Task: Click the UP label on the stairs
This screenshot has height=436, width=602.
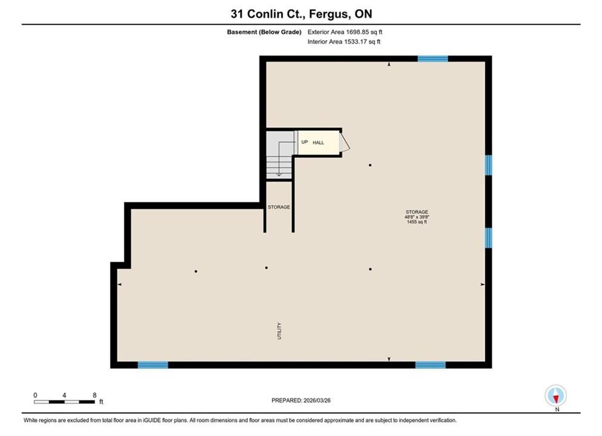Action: (305, 142)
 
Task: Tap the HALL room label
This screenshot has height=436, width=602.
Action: (319, 143)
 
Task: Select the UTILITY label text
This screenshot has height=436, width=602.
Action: (279, 331)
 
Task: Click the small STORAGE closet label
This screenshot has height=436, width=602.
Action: (279, 207)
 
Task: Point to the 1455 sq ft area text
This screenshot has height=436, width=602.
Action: (417, 222)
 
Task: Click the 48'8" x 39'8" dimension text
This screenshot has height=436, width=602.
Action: (417, 217)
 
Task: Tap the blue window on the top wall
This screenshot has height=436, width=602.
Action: (432, 59)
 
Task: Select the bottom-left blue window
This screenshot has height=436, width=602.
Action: (153, 365)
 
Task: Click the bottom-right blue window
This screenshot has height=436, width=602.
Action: (431, 365)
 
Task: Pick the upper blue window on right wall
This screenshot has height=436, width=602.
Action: (488, 165)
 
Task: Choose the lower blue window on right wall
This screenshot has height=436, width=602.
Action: (488, 238)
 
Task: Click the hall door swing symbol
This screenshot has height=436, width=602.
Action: (345, 142)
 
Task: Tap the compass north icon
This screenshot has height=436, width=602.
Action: (556, 395)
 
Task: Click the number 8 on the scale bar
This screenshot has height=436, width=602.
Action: (94, 395)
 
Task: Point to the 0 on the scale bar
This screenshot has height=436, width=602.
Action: (35, 395)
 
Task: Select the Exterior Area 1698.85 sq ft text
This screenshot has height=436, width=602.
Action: (345, 32)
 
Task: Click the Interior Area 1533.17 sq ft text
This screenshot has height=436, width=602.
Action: (344, 42)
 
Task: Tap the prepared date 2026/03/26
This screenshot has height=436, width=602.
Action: (317, 400)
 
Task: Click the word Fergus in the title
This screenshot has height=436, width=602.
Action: (329, 14)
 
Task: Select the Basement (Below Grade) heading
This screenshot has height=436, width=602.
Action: (264, 32)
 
